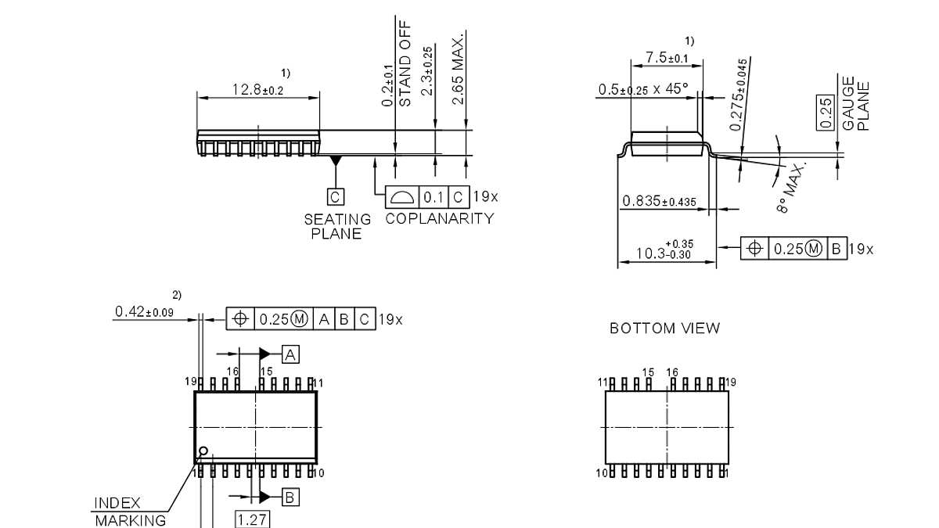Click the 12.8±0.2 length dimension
257,90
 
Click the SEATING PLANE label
337,226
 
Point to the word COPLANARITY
440,218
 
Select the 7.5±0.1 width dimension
667,58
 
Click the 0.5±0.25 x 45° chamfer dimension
643,89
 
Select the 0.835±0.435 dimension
659,202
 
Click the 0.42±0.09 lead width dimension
144,312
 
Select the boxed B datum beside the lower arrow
290,496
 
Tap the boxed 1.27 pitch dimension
252,519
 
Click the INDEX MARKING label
130,512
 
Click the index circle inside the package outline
203,451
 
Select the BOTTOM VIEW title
664,329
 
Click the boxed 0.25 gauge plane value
825,113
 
